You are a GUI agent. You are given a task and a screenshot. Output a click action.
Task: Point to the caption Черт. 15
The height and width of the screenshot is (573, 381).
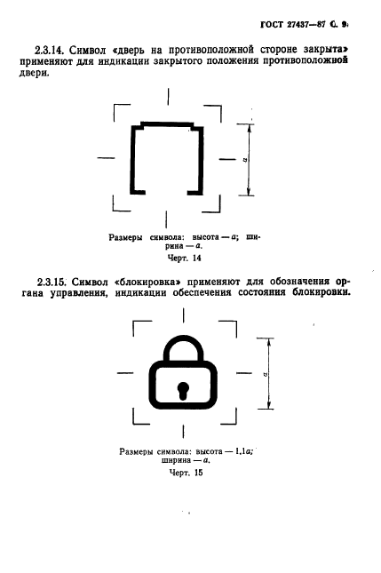[x=185, y=474]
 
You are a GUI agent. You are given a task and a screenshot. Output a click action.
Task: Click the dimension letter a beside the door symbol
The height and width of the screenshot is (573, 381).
[x=242, y=161]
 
